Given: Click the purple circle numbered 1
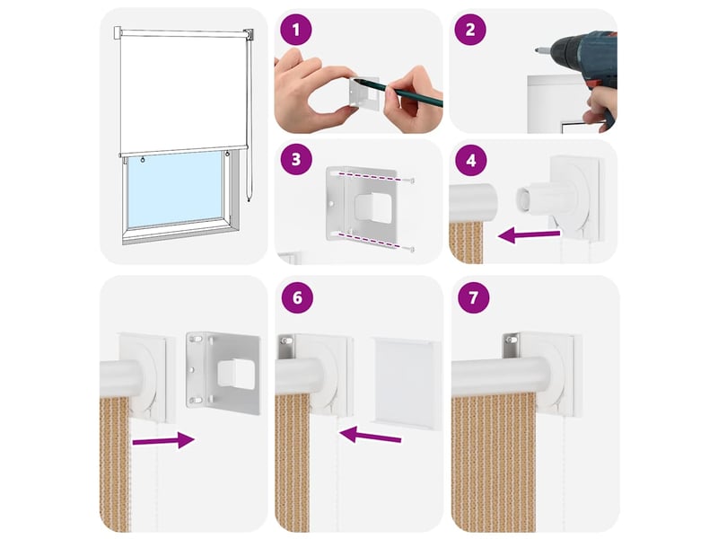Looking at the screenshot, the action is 296,30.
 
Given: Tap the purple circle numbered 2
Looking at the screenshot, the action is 469,30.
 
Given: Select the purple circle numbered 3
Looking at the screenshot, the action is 296,159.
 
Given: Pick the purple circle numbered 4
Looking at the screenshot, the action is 470,161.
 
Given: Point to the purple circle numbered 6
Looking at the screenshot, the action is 297,297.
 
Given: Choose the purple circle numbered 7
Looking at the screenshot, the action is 473,297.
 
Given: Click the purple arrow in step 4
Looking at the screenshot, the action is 529,236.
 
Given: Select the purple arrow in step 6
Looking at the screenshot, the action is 370,435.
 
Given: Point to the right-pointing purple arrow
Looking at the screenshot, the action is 163,440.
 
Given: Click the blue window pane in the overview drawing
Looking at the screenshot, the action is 175,190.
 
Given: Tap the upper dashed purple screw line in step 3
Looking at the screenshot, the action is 374,177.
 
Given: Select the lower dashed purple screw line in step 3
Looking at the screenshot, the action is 374,242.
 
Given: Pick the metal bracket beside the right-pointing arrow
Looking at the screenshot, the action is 223,373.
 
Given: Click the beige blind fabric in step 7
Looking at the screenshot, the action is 493,463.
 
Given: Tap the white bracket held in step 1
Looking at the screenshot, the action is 365,93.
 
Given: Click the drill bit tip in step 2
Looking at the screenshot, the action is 536,50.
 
